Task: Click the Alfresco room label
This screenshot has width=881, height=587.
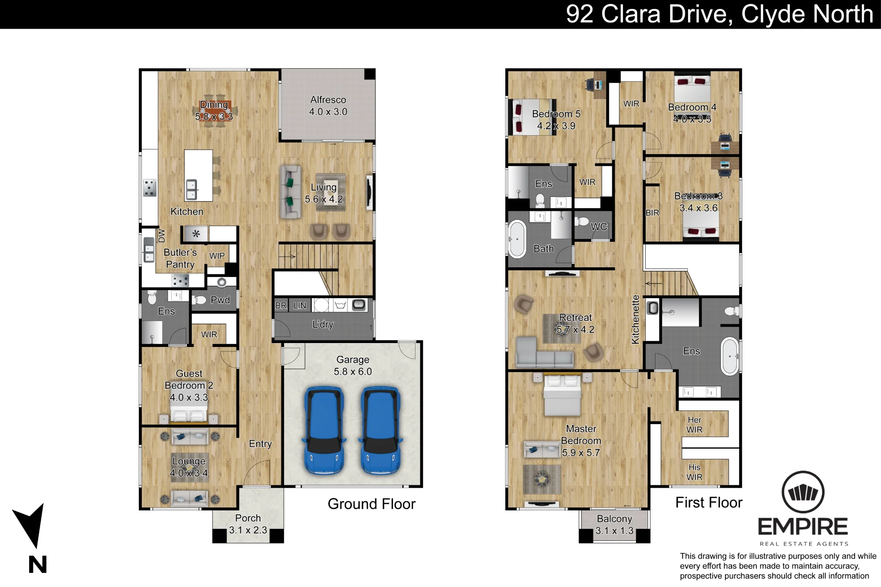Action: coord(328,100)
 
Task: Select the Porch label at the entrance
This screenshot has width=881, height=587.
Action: coord(248,518)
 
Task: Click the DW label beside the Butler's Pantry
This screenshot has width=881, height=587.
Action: coord(162,236)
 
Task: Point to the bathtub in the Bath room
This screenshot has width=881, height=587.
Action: coord(517,239)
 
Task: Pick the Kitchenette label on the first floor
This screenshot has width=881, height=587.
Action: coord(635,319)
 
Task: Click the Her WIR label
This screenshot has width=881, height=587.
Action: coord(695,425)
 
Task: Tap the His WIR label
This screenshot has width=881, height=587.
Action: coord(695,472)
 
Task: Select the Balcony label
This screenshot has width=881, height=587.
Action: coord(614,519)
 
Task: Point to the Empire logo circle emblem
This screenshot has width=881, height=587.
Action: coord(803,492)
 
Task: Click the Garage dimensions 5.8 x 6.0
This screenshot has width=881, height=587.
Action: coord(353,372)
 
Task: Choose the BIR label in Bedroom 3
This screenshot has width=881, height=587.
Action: coord(652,213)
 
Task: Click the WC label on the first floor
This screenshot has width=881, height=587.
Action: coord(599,227)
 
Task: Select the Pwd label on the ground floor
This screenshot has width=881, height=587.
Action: coord(220,300)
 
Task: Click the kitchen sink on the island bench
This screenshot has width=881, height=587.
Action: coord(192,190)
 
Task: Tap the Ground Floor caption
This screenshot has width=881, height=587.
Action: coord(371,504)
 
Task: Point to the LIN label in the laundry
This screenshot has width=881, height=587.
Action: coord(300,306)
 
